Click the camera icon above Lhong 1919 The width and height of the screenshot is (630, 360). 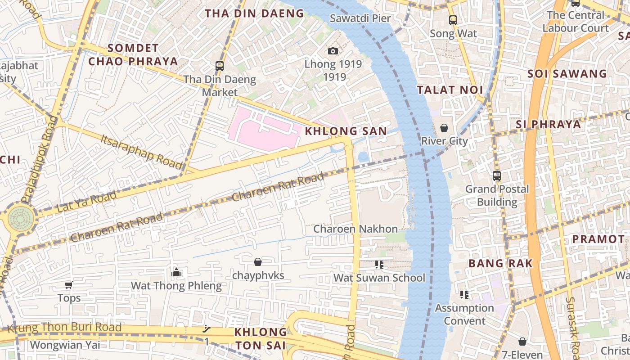(x=333, y=51)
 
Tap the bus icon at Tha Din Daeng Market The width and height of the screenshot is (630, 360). (x=220, y=66)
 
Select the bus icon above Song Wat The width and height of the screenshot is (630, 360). (x=453, y=20)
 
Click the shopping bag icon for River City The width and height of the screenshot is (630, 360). (x=444, y=128)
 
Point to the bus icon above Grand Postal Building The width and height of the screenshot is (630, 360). (x=497, y=176)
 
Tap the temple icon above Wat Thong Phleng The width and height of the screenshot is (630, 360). (x=176, y=273)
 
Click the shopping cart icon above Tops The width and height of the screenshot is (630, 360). (x=69, y=285)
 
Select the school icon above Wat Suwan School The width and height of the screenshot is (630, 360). (x=379, y=265)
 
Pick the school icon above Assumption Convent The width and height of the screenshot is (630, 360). (x=464, y=295)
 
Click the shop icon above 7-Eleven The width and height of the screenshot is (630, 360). (x=522, y=342)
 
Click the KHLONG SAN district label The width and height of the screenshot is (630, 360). (x=346, y=131)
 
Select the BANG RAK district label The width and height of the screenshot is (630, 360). (x=500, y=263)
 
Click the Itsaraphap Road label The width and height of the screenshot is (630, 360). (x=141, y=151)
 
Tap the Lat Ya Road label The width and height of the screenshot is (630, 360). (x=86, y=202)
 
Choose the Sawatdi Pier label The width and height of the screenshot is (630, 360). (x=360, y=18)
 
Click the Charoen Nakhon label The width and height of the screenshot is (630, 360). (x=355, y=229)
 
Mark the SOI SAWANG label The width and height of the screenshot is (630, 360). (x=567, y=74)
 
